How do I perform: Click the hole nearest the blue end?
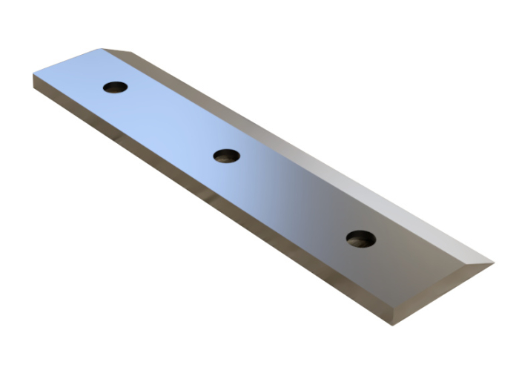(115, 87)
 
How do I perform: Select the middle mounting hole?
(226, 156)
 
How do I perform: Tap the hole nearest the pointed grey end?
(360, 239)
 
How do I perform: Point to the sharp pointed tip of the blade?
(493, 262)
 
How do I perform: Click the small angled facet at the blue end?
(119, 51)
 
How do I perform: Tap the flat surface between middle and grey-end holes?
(293, 197)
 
